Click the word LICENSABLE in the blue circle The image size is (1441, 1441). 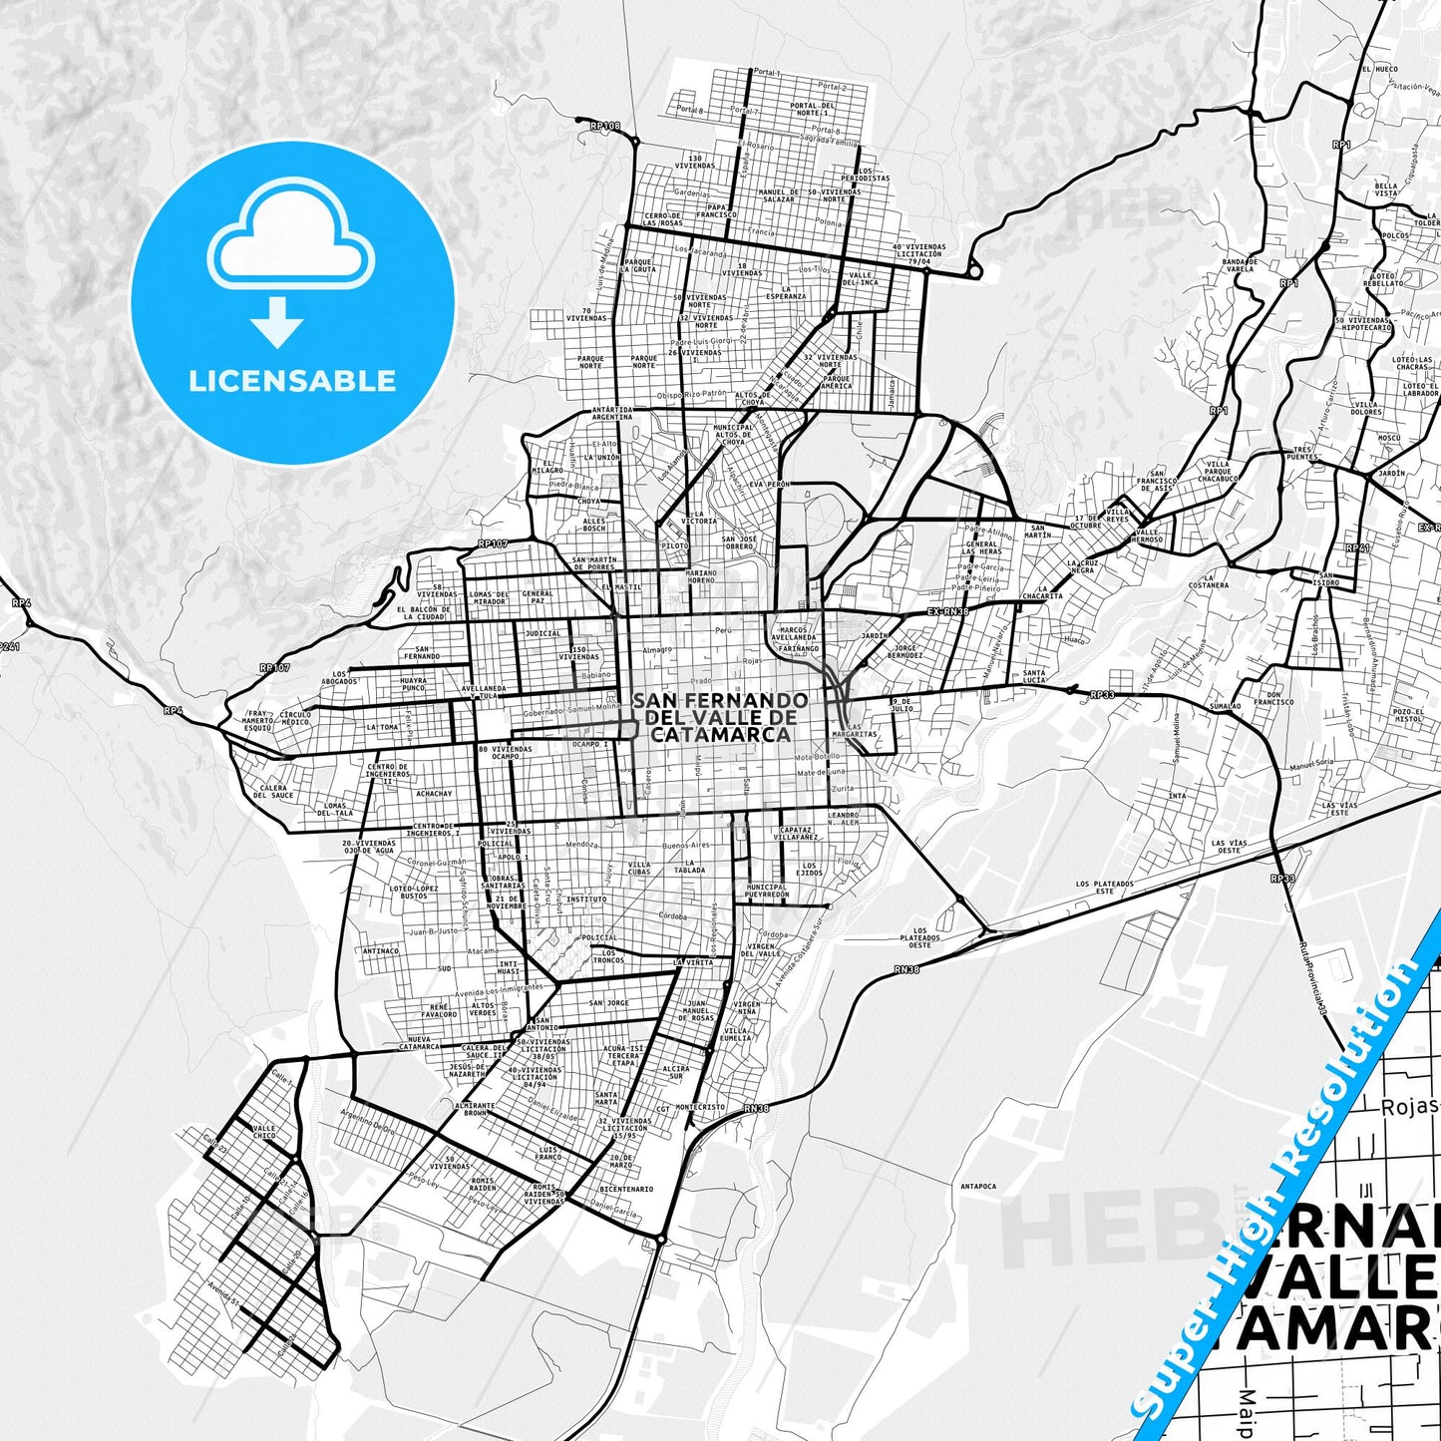[292, 381]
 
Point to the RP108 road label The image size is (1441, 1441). [604, 126]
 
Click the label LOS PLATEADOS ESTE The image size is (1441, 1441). [1104, 887]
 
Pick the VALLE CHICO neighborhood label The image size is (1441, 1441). [264, 1131]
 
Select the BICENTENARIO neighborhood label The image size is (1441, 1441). [626, 1189]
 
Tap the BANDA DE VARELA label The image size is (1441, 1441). [1239, 265]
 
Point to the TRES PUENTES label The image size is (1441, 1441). [1301, 453]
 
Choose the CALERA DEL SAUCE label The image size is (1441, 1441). [275, 792]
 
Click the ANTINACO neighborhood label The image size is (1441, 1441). [380, 951]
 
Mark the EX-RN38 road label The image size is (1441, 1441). [946, 611]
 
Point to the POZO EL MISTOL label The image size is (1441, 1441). [1408, 714]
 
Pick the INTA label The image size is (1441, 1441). [1177, 796]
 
